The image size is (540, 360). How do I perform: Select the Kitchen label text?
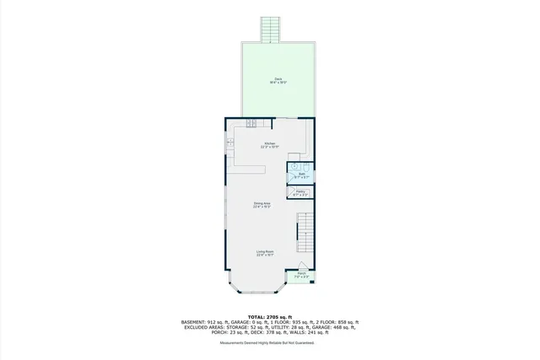coord(269,144)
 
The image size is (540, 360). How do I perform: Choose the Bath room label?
coord(300,175)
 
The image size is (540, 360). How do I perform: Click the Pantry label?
coord(300,193)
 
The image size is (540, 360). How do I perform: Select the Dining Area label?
coord(262,204)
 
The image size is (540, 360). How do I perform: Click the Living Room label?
coord(265,252)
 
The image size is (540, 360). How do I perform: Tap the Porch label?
coord(301,274)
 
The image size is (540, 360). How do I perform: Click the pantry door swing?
coord(292,194)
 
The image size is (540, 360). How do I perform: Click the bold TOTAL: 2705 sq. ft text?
coord(269,316)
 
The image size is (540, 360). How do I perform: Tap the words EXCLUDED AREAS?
coord(202,328)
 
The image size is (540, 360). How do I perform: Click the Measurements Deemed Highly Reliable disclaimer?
coord(270,343)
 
